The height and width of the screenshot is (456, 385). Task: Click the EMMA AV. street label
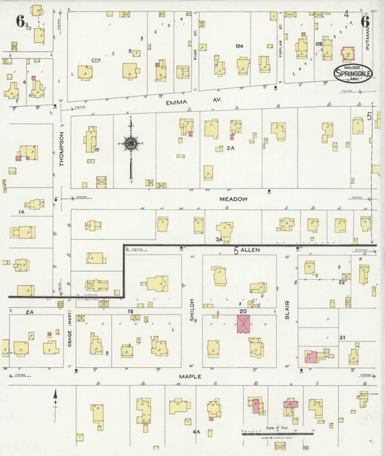[x=176, y=103]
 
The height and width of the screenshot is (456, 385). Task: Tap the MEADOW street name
[x=235, y=198]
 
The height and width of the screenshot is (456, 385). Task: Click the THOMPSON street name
[x=61, y=148]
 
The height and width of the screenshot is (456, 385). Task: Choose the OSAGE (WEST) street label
[x=70, y=337]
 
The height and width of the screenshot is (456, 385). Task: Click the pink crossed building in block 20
[x=246, y=323]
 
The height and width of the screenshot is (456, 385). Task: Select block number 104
[x=239, y=45]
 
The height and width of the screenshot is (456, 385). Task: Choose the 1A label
[x=21, y=212]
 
